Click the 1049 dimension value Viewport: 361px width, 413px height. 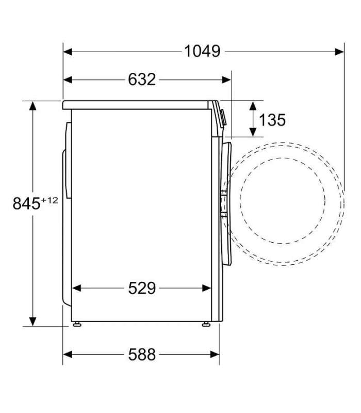[202, 51]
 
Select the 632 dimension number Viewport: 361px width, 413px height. [142, 80]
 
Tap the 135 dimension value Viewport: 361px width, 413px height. [272, 120]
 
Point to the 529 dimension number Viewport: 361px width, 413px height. [142, 288]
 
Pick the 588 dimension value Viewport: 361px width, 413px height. [142, 355]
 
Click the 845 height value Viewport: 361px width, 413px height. [27, 203]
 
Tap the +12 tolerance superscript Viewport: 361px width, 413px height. [49, 200]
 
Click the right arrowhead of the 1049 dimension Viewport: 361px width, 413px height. [339, 52]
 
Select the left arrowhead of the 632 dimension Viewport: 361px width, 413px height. [68, 80]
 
